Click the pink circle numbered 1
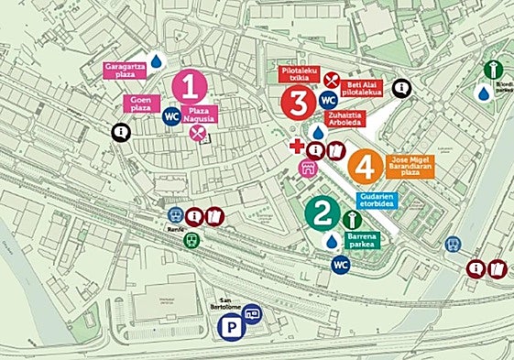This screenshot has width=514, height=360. pyautogui.click(x=190, y=86)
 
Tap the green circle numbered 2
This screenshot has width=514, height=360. pyautogui.click(x=321, y=214)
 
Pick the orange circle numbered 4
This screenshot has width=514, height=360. pyautogui.click(x=365, y=168)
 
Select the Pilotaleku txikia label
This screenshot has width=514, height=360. pyautogui.click(x=294, y=75)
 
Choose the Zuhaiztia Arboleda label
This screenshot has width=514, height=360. pyautogui.click(x=345, y=121)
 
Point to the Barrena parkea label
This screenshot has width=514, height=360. pyautogui.click(x=363, y=239)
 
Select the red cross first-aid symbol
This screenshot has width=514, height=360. pyautogui.click(x=296, y=147)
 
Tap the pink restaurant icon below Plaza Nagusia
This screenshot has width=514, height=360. pyautogui.click(x=196, y=134)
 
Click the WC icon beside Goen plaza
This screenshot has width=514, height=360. pyautogui.click(x=170, y=116)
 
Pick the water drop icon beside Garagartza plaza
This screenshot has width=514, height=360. pyautogui.click(x=157, y=60)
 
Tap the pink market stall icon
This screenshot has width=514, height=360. pyautogui.click(x=309, y=168)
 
